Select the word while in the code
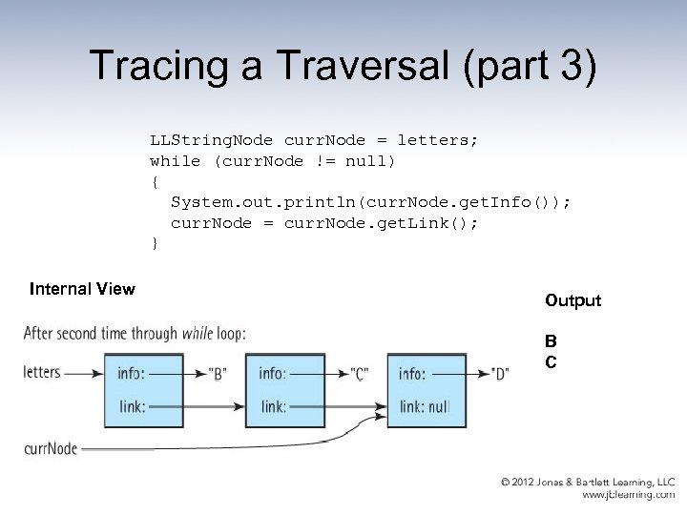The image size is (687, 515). click(175, 161)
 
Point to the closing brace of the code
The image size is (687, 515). click(155, 243)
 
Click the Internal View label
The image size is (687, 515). click(82, 288)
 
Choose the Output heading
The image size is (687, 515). click(572, 300)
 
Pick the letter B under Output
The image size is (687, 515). click(551, 340)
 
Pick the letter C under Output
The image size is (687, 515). click(551, 361)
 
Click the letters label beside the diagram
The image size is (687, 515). click(42, 372)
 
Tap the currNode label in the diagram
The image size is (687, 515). click(51, 447)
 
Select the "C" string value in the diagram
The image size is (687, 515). click(361, 373)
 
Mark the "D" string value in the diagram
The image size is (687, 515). click(500, 373)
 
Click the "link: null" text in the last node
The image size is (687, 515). click(424, 407)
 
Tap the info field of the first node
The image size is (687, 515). click(131, 373)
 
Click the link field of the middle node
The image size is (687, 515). click(273, 407)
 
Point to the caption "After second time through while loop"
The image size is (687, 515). click(135, 334)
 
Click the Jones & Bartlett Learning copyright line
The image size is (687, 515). click(589, 483)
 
